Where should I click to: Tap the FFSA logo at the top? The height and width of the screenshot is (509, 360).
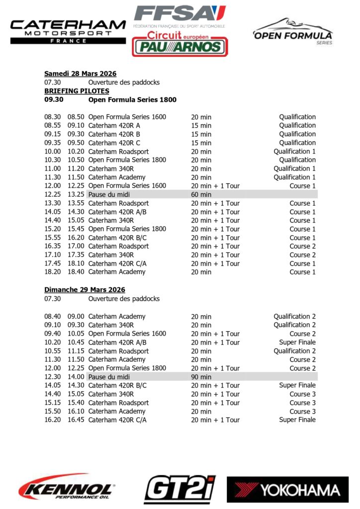coord(180,15)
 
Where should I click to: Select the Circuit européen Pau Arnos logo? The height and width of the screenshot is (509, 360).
coord(180,43)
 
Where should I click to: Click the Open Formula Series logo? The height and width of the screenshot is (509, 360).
coord(293,31)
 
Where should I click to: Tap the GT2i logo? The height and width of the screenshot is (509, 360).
coord(180,489)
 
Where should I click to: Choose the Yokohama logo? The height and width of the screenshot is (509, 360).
coord(287,490)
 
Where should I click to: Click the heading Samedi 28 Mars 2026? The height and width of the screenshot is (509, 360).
coord(80,74)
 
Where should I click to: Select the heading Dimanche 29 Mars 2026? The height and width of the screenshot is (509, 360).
coord(85,290)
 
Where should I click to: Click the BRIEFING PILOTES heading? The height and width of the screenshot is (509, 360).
coord(77,91)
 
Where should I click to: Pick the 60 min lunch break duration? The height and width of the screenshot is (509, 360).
coord(201,194)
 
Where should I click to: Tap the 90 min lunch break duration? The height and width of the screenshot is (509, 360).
coord(201,377)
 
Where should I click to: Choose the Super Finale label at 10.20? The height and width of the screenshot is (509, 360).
coord(297,342)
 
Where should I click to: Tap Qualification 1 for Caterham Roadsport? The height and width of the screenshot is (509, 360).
coord(294,152)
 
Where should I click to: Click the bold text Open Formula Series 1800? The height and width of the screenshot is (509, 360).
coord(132,100)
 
